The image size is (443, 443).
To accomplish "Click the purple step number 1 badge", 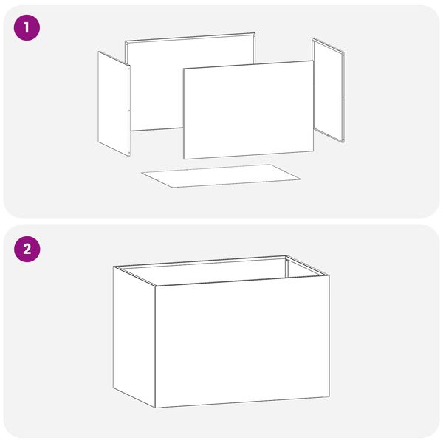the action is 27,28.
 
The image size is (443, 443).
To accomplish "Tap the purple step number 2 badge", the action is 27,250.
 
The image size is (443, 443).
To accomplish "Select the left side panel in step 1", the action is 114,103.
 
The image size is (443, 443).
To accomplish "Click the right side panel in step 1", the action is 329,90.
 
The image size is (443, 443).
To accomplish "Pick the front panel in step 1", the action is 249,109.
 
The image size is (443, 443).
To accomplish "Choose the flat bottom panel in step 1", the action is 221,176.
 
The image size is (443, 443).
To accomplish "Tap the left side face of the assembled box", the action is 134,337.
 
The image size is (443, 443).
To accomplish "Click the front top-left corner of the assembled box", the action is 155,286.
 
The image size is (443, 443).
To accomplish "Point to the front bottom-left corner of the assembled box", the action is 155,408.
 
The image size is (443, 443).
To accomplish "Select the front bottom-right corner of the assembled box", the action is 329,397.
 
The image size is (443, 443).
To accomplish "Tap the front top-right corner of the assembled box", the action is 329,275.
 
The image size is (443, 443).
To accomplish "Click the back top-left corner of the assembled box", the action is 114,267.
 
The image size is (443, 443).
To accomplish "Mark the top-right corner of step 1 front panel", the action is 314,61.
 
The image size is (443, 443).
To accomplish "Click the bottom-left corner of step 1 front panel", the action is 183,159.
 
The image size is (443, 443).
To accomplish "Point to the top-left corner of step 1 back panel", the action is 126,41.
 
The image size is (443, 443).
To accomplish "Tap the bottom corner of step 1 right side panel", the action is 343,142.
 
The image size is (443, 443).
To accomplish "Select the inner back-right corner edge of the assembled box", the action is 286,267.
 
